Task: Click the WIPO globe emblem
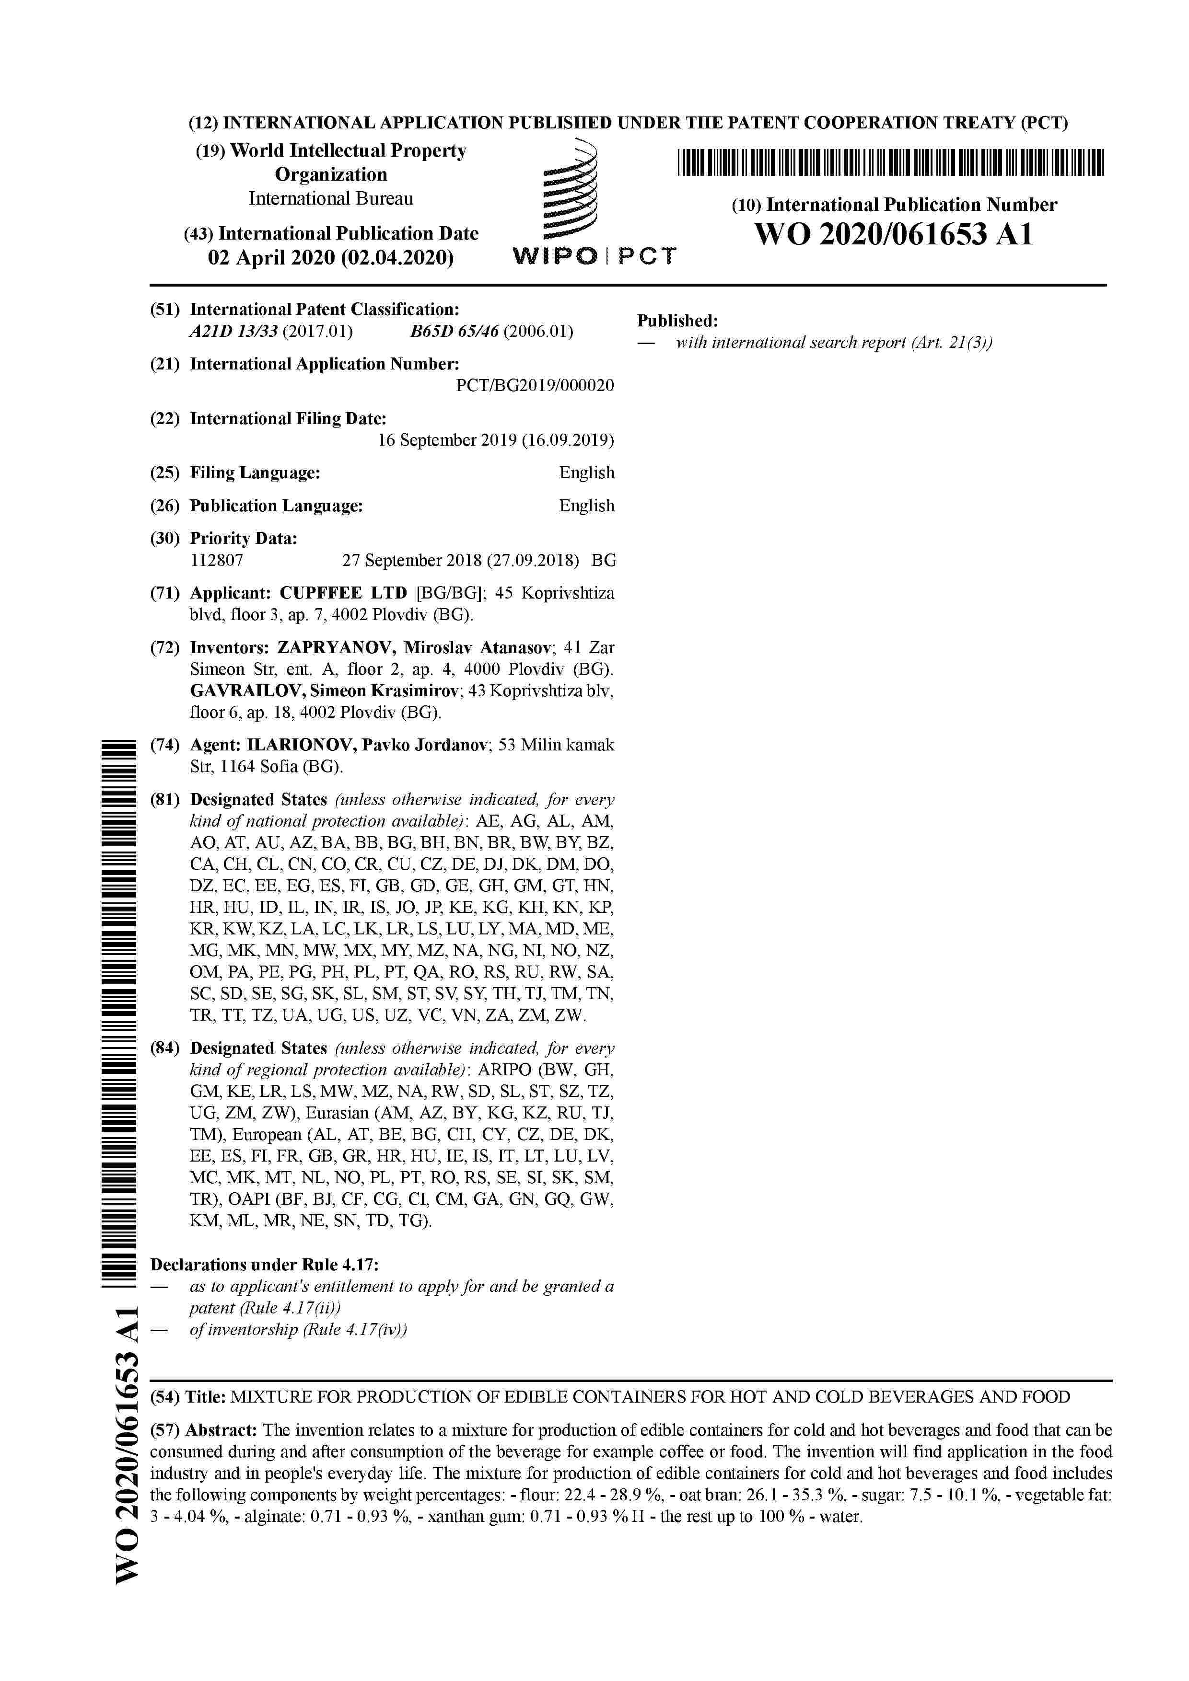click(x=570, y=192)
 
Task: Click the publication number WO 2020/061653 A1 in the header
click(x=893, y=235)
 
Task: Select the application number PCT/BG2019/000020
click(x=535, y=385)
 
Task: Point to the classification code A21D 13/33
click(x=233, y=332)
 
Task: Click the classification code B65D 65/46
click(x=454, y=332)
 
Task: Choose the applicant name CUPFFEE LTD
click(x=343, y=593)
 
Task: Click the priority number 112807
click(x=217, y=561)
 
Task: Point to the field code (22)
click(x=165, y=419)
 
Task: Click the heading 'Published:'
click(x=677, y=321)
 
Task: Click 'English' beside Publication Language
click(x=586, y=506)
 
